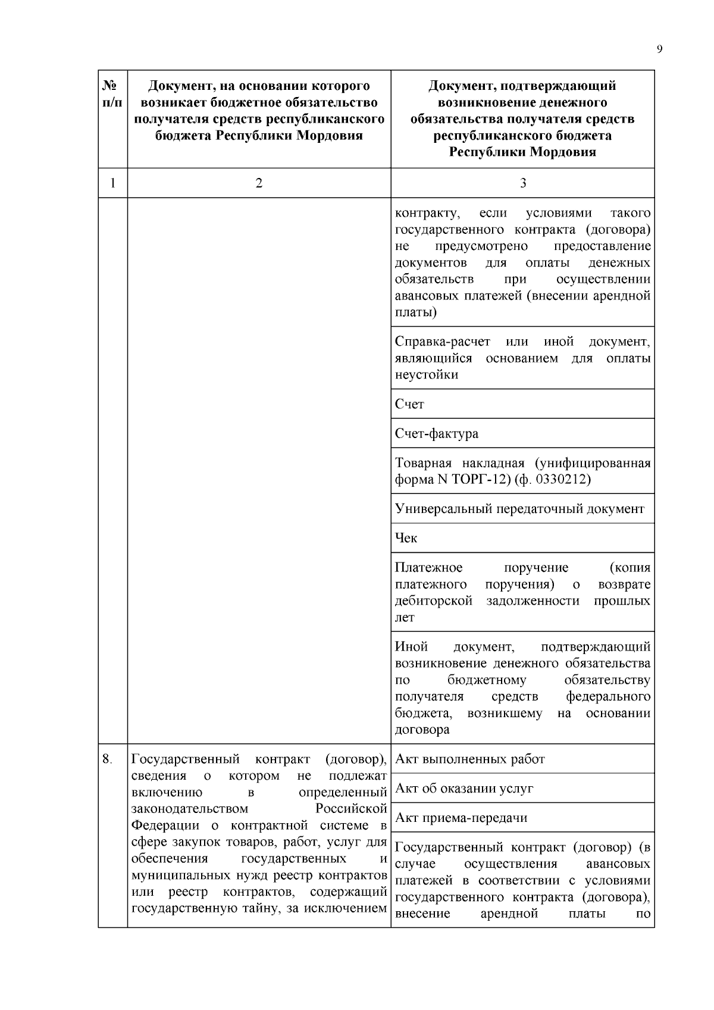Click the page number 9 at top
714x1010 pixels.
659,49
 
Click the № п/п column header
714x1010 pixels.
112,94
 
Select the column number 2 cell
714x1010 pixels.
259,183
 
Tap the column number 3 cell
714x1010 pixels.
522,183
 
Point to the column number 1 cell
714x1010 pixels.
112,183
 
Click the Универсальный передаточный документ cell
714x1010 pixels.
519,509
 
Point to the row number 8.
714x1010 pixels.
107,759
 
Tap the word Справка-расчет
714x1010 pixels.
443,342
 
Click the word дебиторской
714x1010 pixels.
433,601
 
